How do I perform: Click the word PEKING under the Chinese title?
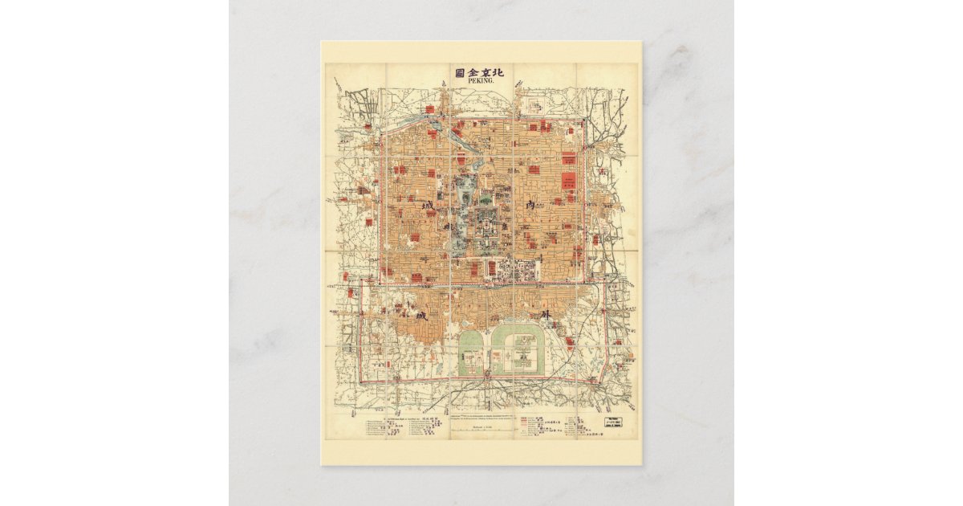(481, 82)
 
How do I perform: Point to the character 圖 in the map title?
(459, 72)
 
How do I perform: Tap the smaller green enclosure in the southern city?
(470, 354)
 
